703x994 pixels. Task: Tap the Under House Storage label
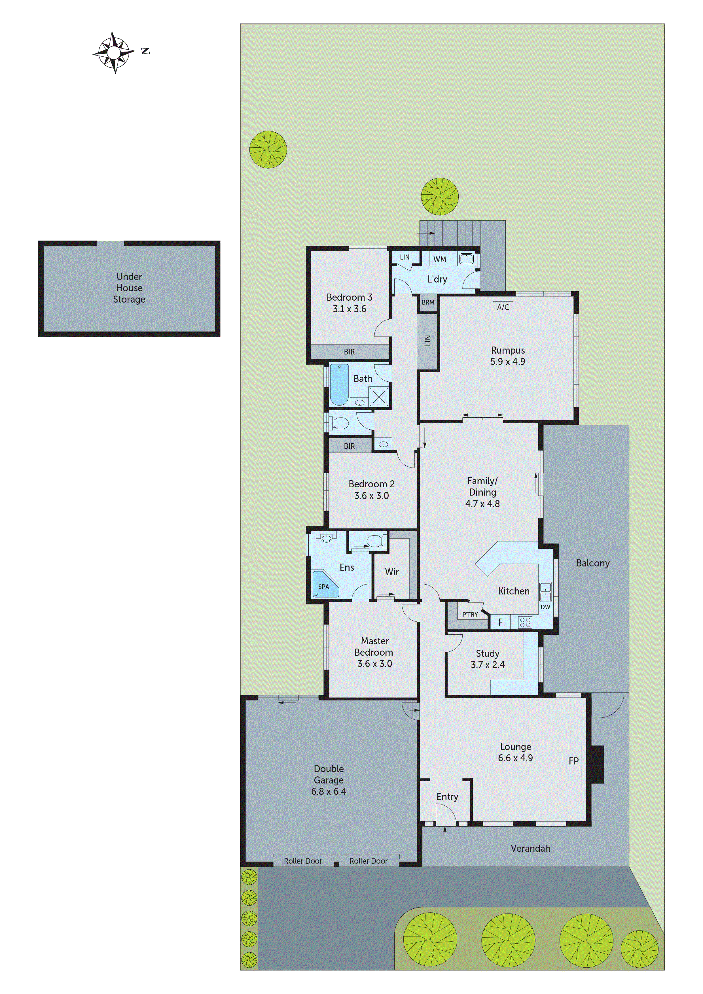(129, 288)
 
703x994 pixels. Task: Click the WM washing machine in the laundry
(440, 259)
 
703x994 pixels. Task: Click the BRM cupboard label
(428, 302)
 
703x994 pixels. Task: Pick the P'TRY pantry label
(470, 614)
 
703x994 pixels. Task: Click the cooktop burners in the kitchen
(525, 623)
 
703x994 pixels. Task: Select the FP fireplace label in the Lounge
(573, 761)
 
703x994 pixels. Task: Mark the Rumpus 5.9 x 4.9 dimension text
(508, 362)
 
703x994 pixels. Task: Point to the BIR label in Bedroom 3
(349, 352)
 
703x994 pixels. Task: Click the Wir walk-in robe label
(391, 572)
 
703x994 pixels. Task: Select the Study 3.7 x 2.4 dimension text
(488, 664)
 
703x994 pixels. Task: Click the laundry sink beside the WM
(466, 259)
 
